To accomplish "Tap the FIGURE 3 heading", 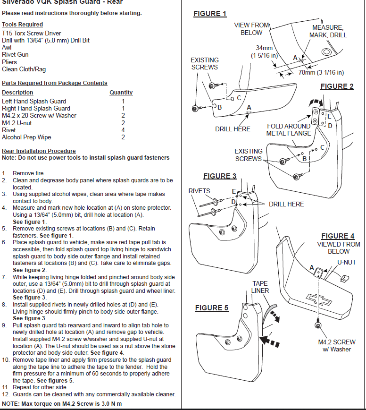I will pos(220,176).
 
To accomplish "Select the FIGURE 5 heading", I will pos(212,308).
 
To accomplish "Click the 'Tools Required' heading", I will pos(22,25).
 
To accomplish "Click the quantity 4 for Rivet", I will pos(123,130).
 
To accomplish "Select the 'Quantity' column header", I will pos(121,93).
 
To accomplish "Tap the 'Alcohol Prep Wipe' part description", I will pos(26,137).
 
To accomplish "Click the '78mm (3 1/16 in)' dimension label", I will pos(321,73).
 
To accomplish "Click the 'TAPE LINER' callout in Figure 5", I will pos(260,287).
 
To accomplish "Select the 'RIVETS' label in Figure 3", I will pos(200,191).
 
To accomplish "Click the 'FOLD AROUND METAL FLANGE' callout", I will pos(289,129).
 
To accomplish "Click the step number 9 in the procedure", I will pos(4,325).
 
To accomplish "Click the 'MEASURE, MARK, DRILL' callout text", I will pos(328,31).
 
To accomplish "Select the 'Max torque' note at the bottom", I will pos(62,404).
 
